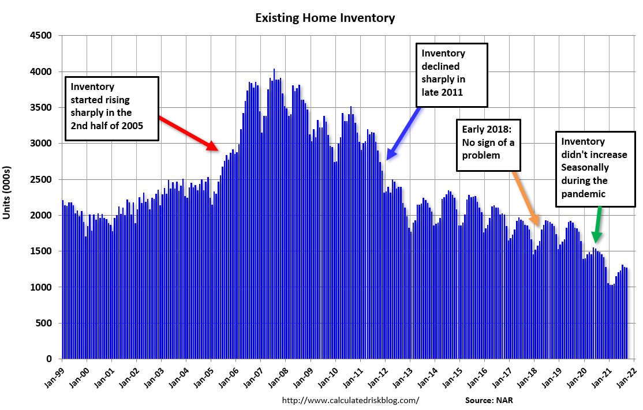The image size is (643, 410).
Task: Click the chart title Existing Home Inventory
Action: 325,18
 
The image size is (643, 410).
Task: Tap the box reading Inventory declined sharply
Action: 452,74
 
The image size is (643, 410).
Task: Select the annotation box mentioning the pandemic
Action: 595,167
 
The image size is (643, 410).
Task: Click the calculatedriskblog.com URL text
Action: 350,400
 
